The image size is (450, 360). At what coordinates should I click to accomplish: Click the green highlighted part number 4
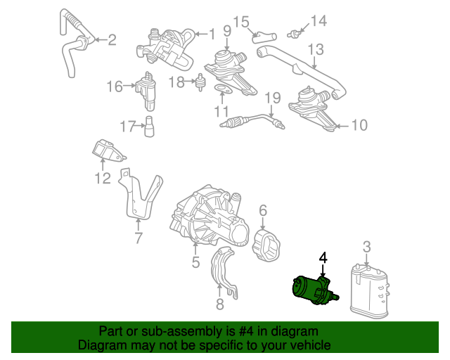(x=314, y=290)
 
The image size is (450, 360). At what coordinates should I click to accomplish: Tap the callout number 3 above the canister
(x=367, y=247)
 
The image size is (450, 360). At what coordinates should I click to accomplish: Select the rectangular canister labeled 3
(x=370, y=291)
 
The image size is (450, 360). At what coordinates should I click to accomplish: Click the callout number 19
(x=272, y=98)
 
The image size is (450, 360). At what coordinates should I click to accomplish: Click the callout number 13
(x=316, y=49)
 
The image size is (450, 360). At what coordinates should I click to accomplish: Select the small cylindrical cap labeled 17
(x=149, y=127)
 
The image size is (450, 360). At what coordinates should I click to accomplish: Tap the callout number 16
(x=115, y=86)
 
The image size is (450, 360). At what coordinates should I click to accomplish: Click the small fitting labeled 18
(x=200, y=82)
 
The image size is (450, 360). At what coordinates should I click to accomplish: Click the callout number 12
(x=103, y=179)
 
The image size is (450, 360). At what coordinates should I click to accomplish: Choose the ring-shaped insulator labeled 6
(x=266, y=245)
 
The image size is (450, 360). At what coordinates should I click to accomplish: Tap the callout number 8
(x=219, y=304)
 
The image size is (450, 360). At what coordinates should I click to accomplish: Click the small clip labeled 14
(x=294, y=34)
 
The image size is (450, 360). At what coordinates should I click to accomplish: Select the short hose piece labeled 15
(x=264, y=37)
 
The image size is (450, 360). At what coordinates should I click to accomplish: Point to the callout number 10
(x=359, y=125)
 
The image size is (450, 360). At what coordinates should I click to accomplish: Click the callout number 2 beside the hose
(x=112, y=40)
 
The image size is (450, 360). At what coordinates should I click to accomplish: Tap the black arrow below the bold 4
(x=323, y=271)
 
